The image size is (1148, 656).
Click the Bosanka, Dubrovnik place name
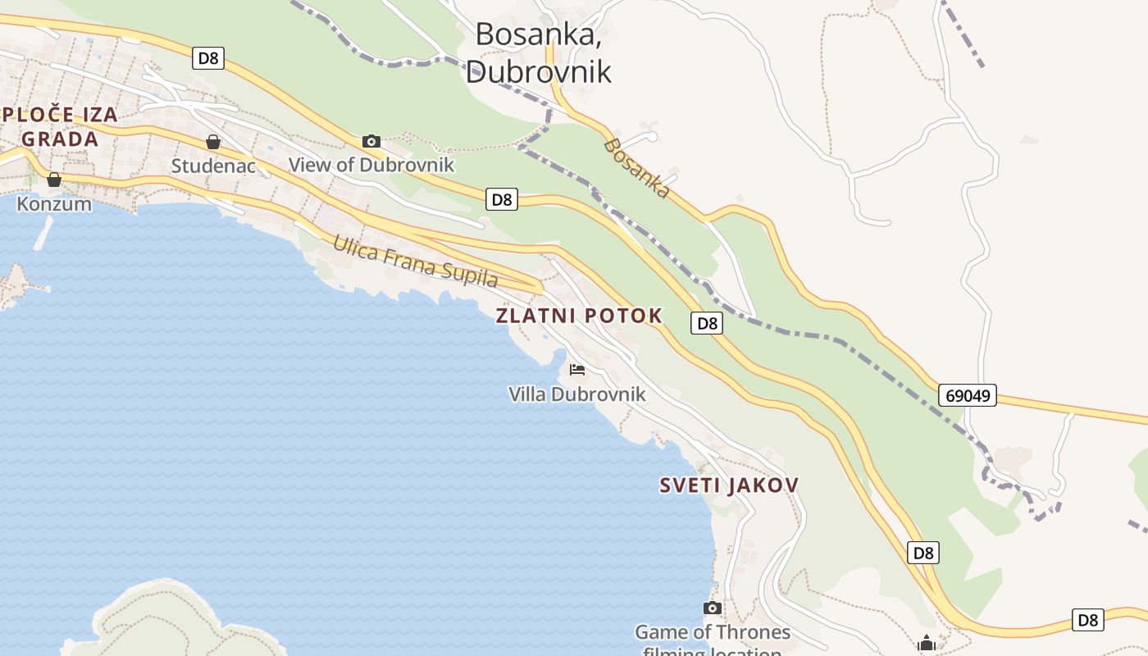click(538, 52)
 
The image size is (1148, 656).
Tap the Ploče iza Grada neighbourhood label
click(60, 126)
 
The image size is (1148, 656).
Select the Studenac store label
click(213, 166)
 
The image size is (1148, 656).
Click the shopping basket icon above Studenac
click(213, 142)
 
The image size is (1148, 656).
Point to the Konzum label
click(54, 203)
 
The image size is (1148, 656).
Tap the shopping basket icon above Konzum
click(54, 180)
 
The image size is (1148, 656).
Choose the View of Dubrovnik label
click(371, 165)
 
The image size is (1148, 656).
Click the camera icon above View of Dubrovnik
click(371, 142)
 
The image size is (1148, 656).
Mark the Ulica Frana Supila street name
click(414, 261)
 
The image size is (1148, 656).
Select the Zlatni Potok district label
click(579, 316)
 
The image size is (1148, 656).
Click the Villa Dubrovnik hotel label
click(577, 394)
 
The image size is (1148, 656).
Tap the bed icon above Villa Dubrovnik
click(577, 370)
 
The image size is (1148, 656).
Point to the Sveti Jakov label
click(729, 485)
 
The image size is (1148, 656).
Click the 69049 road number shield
click(968, 395)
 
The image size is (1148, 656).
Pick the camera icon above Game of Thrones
click(713, 608)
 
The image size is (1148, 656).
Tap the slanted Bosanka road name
click(637, 169)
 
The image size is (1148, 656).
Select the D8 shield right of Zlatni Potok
click(707, 323)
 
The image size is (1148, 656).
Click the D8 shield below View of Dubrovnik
click(502, 199)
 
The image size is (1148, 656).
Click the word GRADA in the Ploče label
click(60, 139)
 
